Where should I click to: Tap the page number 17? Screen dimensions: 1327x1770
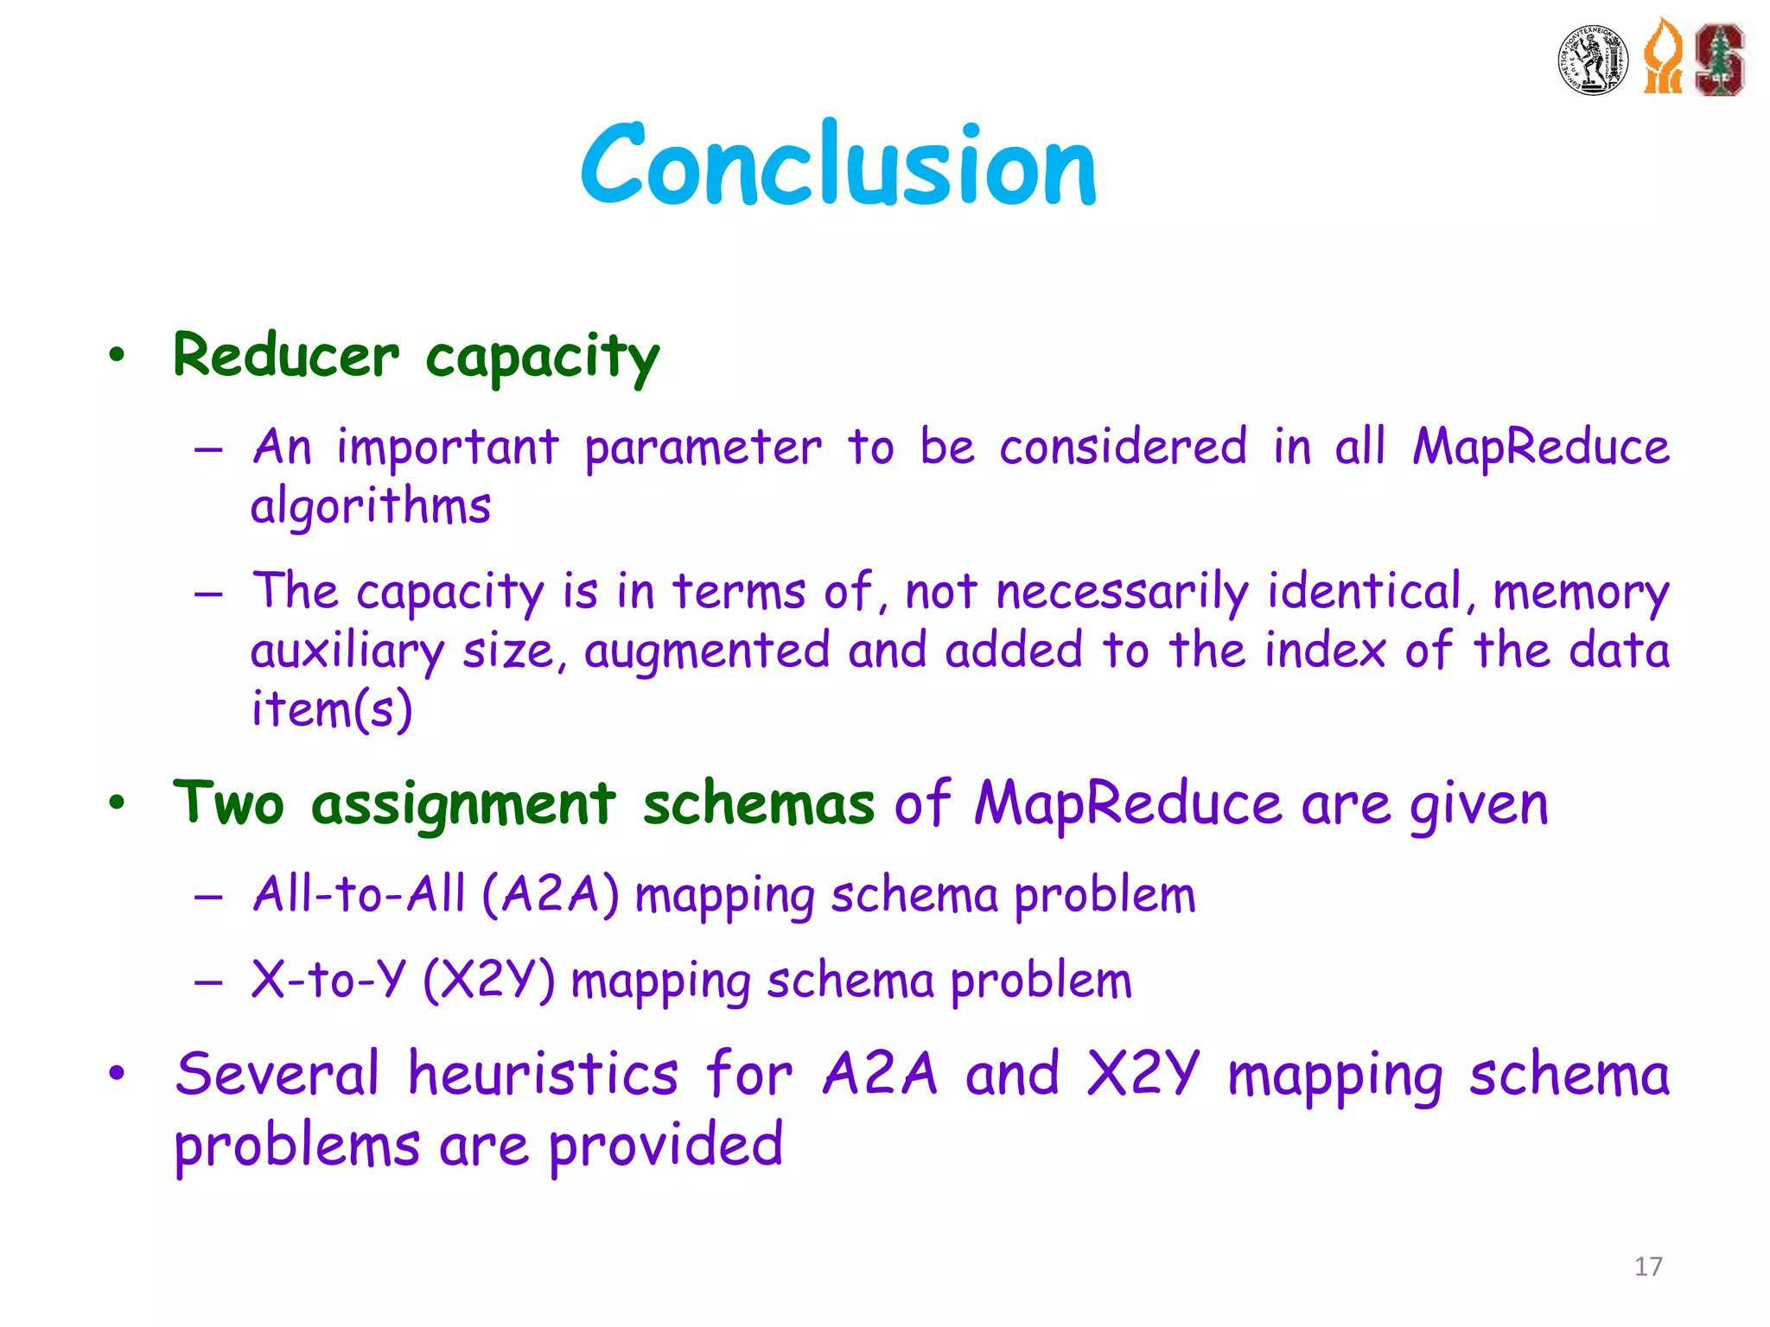(x=1648, y=1267)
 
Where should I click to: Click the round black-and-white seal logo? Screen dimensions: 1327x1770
(x=1593, y=60)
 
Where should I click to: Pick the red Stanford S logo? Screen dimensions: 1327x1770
(x=1719, y=59)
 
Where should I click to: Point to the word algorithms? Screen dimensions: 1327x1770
(x=371, y=506)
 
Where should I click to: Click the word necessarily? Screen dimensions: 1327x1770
(x=1122, y=594)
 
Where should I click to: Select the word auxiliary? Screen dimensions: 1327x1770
(x=347, y=651)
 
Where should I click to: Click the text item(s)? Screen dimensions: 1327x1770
(x=332, y=709)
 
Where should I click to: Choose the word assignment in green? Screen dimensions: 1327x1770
(x=463, y=804)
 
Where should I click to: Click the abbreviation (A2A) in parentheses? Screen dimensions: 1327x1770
(x=551, y=894)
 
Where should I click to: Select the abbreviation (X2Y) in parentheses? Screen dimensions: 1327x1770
(x=489, y=981)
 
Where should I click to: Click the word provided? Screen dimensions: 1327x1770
(x=665, y=1146)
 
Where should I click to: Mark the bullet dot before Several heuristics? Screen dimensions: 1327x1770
(x=117, y=1074)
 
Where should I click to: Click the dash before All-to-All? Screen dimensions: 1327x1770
(x=208, y=898)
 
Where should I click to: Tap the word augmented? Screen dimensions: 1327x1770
(x=706, y=651)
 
